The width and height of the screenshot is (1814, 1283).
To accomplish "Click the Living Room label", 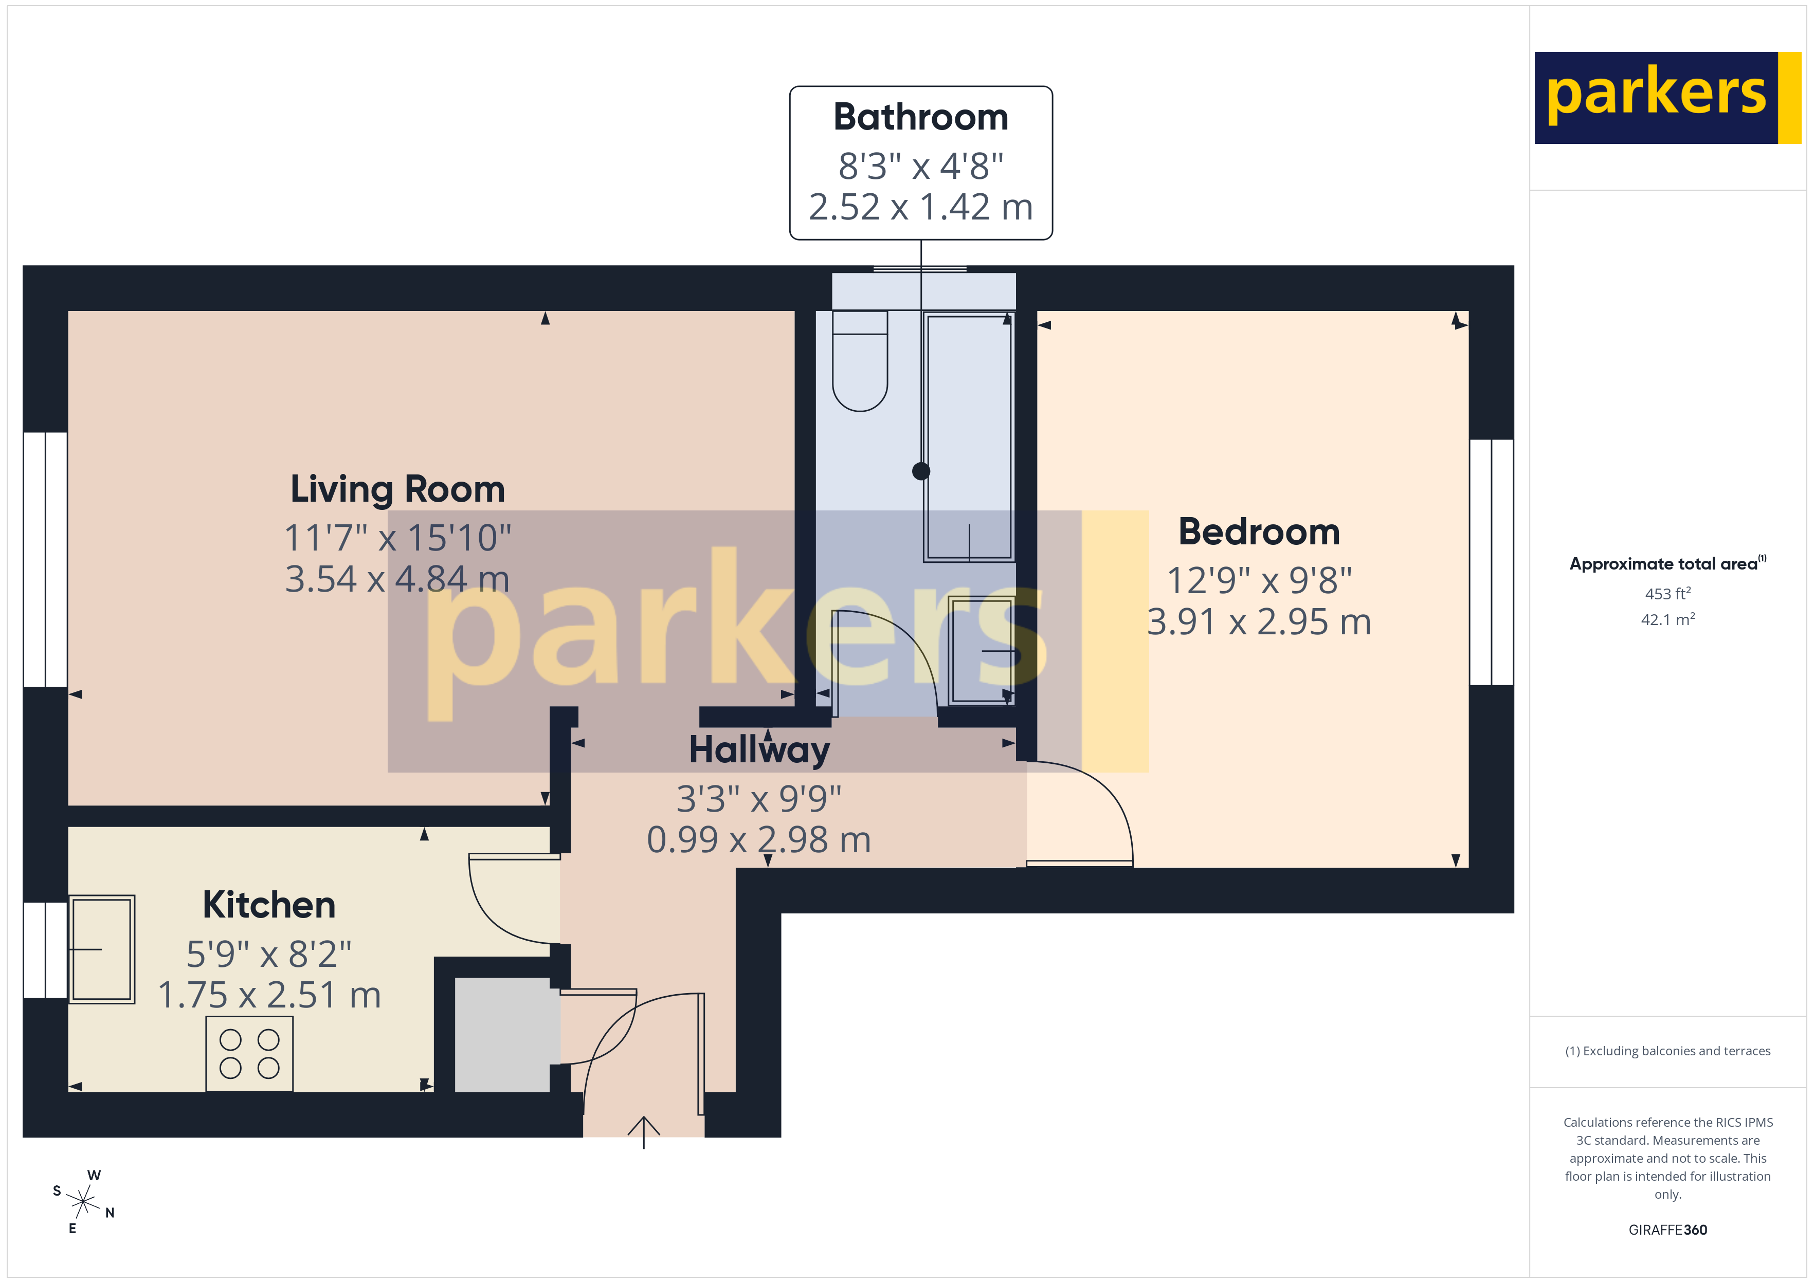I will click(397, 489).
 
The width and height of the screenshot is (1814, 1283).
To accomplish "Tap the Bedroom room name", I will click(1259, 531).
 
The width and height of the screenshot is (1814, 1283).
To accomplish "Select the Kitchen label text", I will click(268, 905).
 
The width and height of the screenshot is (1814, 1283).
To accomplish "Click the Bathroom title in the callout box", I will click(920, 118).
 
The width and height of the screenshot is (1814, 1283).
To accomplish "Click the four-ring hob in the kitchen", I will click(249, 1054).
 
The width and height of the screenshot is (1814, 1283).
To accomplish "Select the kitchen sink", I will click(102, 949).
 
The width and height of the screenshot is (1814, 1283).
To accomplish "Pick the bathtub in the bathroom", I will click(969, 436).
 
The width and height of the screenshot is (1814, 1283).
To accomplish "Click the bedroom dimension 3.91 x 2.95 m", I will click(1259, 622).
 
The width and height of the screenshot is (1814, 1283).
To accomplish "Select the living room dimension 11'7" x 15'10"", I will click(397, 538).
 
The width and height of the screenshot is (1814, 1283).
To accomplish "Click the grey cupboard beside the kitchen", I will click(502, 1035).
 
